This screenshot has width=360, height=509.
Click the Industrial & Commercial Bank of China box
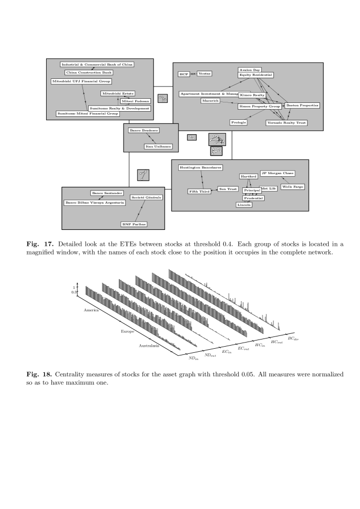click(x=97, y=65)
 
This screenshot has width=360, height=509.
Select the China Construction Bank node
click(x=89, y=73)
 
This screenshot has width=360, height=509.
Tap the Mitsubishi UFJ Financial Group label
click(x=81, y=81)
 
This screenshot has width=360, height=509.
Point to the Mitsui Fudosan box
click(x=136, y=101)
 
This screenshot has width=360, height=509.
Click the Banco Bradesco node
click(x=144, y=131)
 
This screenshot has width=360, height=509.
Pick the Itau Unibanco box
click(x=158, y=147)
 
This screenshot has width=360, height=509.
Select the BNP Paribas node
click(x=134, y=224)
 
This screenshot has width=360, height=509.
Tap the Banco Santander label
click(x=107, y=193)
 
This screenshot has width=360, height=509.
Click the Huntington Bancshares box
click(x=201, y=168)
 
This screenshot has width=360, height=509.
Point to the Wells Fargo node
click(x=292, y=187)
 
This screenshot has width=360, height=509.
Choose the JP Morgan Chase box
click(x=278, y=174)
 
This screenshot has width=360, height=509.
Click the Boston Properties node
click(x=302, y=105)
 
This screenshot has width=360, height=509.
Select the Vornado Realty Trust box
click(x=287, y=123)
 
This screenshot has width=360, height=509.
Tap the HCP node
click(x=184, y=74)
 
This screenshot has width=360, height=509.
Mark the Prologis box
click(x=239, y=122)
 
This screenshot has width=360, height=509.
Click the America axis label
click(x=91, y=310)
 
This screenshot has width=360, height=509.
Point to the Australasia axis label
click(x=149, y=346)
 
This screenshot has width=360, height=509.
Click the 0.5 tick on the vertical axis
click(x=74, y=292)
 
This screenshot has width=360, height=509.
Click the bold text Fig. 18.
click(x=38, y=374)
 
